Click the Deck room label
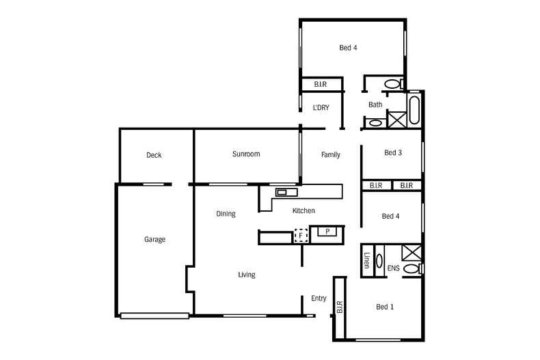click(154, 155)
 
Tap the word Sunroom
click(246, 154)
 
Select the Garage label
click(154, 240)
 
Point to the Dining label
click(226, 214)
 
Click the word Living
click(246, 275)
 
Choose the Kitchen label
click(303, 211)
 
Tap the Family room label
click(331, 155)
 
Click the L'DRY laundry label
click(322, 108)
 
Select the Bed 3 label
click(392, 153)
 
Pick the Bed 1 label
click(385, 307)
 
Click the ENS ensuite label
click(393, 268)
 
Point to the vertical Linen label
click(367, 260)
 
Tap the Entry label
click(319, 299)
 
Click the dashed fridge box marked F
click(300, 236)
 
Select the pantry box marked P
click(327, 232)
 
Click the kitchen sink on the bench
click(281, 193)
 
